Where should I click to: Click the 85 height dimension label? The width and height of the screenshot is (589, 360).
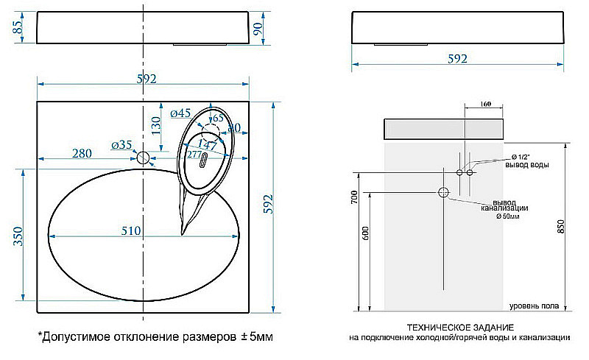coord(17,29)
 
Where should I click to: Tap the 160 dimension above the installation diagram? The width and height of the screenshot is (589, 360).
coord(484,105)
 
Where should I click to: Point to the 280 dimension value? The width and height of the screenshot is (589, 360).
coord(82,153)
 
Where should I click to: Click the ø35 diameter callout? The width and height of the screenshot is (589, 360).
coord(121,145)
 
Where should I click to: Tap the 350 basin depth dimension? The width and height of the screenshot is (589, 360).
coord(19,234)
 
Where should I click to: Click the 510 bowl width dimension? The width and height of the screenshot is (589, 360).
coord(130,230)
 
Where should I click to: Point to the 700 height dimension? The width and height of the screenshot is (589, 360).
coord(354,197)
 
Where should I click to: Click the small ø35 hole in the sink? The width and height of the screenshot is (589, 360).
coord(144,158)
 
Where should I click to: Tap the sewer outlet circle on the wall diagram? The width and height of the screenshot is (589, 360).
coord(443,193)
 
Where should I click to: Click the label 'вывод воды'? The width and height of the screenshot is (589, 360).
coord(530,166)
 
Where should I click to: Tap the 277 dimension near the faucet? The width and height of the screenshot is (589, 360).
coord(194,155)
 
